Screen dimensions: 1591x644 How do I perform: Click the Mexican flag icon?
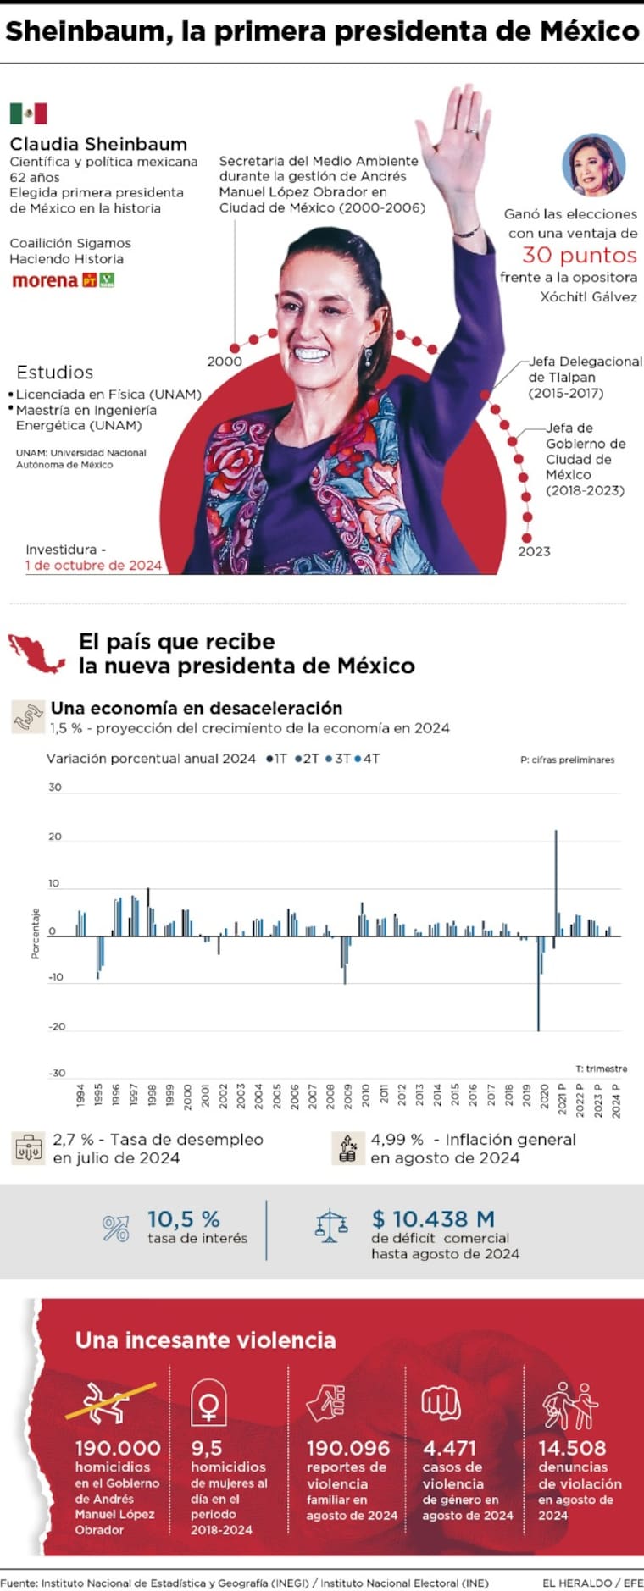(28, 113)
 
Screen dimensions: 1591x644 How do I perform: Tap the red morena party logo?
(45, 280)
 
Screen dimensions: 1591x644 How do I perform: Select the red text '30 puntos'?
(579, 255)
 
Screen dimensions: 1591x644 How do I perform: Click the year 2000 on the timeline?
(225, 362)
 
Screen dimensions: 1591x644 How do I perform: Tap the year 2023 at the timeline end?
(534, 551)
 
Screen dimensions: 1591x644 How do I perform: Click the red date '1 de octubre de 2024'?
(93, 566)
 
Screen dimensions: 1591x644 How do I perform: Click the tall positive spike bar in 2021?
(556, 881)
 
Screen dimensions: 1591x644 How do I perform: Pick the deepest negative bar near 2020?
(538, 982)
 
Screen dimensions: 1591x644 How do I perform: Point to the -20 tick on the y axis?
(57, 1026)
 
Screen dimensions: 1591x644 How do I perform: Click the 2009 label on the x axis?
(347, 1096)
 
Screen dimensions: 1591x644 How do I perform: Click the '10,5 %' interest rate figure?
(184, 1219)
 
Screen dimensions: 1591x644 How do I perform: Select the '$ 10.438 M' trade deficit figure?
(433, 1219)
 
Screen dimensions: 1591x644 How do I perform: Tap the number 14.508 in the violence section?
(572, 1449)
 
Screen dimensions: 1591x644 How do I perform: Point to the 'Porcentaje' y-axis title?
(36, 933)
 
